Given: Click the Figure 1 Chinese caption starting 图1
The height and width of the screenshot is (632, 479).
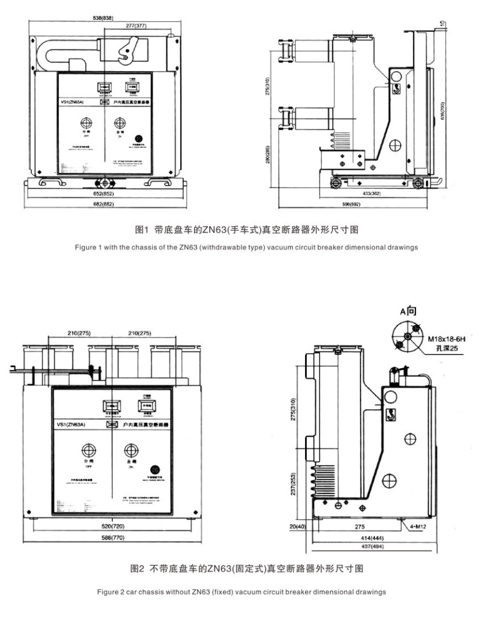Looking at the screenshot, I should coord(239,230).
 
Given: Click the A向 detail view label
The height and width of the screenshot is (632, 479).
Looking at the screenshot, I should coord(408,311).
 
